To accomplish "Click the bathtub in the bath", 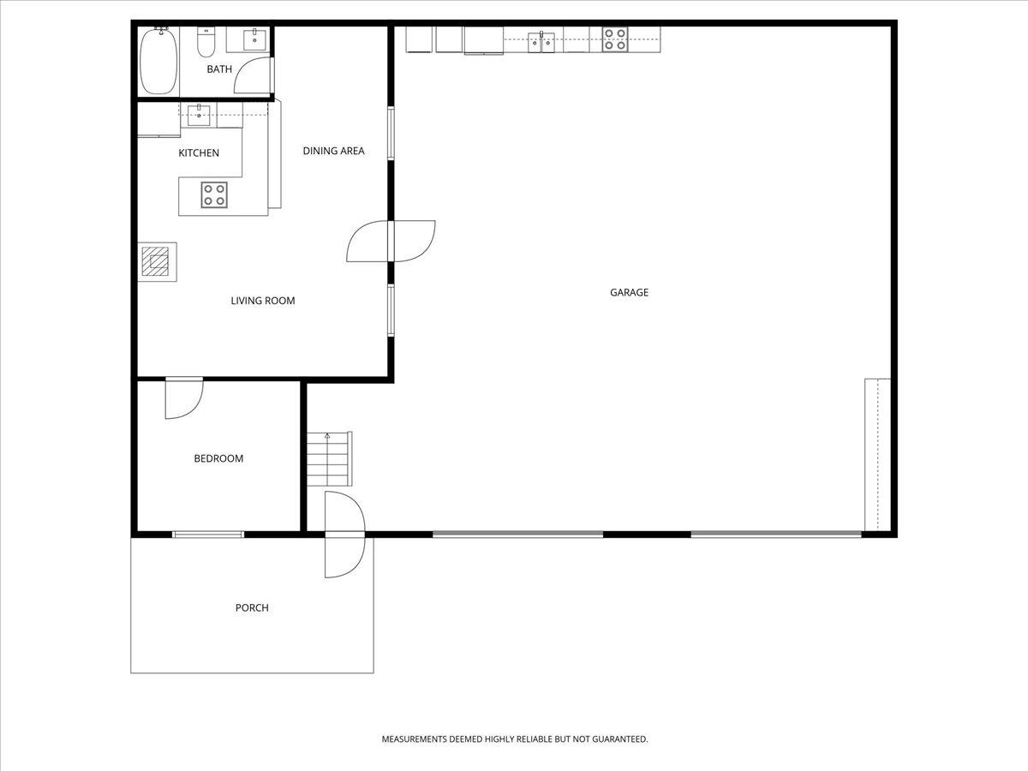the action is (158, 61).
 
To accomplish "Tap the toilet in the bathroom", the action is (206, 42).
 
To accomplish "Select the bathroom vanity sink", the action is (254, 39).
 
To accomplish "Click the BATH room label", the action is (219, 69).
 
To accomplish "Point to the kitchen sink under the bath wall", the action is (199, 115).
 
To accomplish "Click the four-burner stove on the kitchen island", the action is (214, 194).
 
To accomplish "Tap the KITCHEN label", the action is (199, 153).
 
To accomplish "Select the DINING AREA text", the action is (333, 151).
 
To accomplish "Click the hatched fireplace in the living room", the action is (156, 261).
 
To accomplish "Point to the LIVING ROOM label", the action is (263, 301).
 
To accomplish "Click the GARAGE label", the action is (629, 293).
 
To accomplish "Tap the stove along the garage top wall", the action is (615, 39).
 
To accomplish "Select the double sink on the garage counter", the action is (541, 43).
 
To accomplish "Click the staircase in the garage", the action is (329, 459).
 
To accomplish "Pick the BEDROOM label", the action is (218, 458).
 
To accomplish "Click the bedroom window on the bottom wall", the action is (208, 534).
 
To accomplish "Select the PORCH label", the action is (252, 607).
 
